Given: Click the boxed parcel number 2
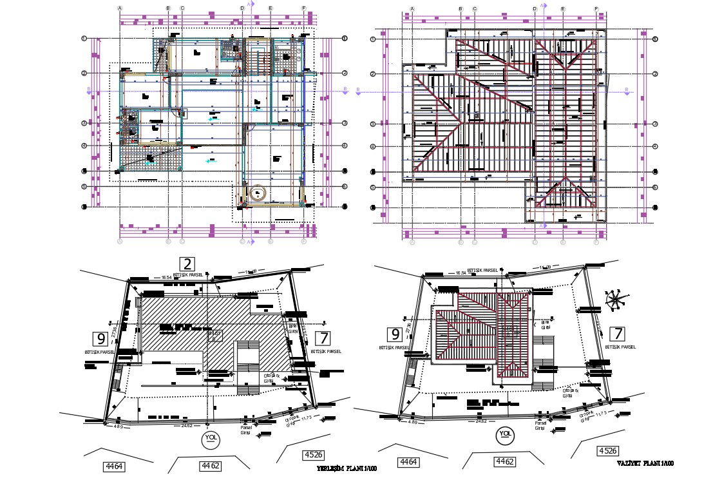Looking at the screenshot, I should click(x=187, y=264).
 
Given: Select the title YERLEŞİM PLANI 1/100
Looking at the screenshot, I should click(x=347, y=468).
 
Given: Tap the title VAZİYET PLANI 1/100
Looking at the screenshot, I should click(x=645, y=463).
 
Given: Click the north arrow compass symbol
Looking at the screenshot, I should click(x=615, y=300).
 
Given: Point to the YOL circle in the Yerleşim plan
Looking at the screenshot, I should click(x=209, y=439).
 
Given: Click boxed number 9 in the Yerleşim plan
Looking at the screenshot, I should click(x=100, y=338).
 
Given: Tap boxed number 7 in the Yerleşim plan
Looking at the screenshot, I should click(x=323, y=338).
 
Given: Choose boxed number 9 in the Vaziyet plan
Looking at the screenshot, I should click(x=394, y=334).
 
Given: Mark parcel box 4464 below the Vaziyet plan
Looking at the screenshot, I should click(x=408, y=462).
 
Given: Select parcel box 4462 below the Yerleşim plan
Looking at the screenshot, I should click(x=211, y=465).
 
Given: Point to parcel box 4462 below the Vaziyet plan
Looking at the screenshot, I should click(x=504, y=461).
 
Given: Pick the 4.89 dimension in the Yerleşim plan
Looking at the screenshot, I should click(x=119, y=426).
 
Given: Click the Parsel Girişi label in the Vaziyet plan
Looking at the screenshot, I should click(x=541, y=426).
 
